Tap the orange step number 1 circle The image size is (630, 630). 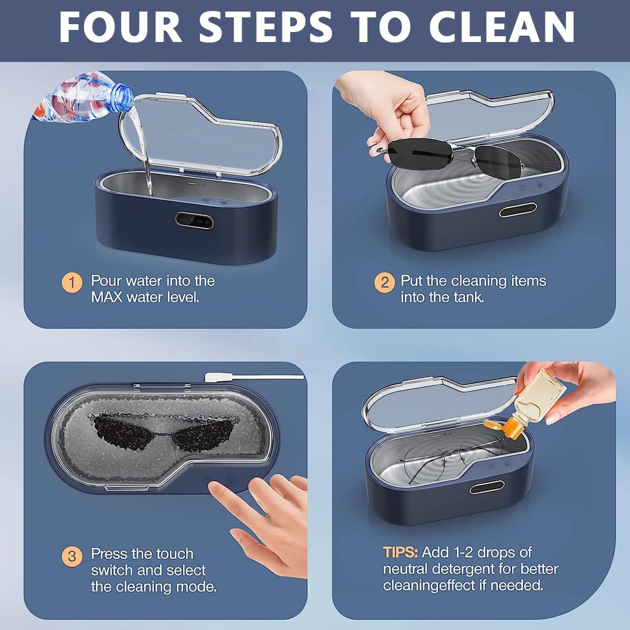[x=72, y=282]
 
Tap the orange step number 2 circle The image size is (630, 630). [x=384, y=282]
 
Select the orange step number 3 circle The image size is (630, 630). [x=72, y=556]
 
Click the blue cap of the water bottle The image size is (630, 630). [x=122, y=97]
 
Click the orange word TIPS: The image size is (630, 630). [x=401, y=552]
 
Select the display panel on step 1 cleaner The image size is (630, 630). [x=194, y=221]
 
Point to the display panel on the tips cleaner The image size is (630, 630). [x=487, y=488]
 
